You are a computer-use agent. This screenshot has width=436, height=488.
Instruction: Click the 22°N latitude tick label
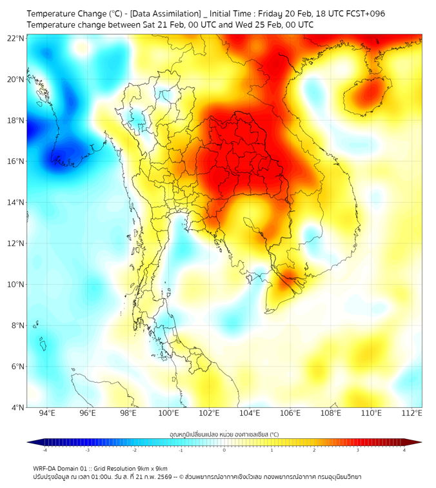click(15, 38)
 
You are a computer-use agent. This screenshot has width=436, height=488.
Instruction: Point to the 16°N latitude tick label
click(15, 161)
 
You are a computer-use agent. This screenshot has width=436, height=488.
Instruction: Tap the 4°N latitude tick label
click(17, 407)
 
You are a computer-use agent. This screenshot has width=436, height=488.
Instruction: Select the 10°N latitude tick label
click(15, 285)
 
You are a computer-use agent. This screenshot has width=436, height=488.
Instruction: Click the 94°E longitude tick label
click(47, 414)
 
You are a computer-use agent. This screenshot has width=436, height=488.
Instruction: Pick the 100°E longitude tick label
click(169, 414)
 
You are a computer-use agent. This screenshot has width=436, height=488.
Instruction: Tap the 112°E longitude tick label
click(412, 414)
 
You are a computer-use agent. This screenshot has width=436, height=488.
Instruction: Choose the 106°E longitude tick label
click(291, 414)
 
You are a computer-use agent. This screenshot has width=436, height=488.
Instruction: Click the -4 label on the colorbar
click(45, 450)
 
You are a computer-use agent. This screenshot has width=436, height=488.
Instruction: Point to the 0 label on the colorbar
click(224, 450)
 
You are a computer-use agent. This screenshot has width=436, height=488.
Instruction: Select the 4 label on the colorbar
click(404, 450)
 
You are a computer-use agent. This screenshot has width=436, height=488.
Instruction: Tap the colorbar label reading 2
click(314, 450)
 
